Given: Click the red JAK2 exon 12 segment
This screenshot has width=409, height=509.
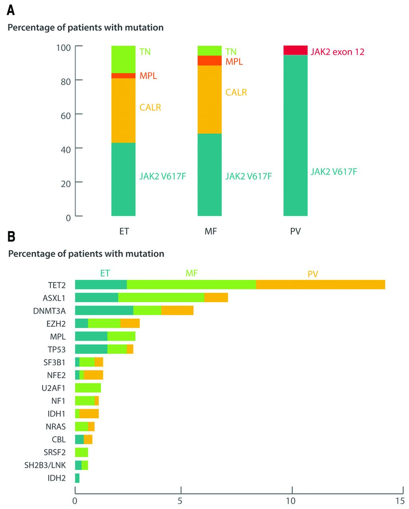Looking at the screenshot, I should point(295,50).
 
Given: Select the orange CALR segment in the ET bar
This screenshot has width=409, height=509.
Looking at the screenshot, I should point(123,110).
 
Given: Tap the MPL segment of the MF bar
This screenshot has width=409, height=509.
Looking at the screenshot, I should point(209,60).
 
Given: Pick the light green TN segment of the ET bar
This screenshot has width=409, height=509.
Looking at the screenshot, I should point(123,59).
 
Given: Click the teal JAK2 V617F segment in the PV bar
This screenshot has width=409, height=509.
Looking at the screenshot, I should point(295,135).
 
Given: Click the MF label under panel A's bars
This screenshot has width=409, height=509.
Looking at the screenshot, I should point(210,231).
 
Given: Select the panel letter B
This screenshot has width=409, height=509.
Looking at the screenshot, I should point(12,237).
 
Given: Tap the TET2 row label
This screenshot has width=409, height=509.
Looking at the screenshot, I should point(56,285).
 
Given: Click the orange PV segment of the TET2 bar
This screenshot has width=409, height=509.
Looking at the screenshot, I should point(320,285).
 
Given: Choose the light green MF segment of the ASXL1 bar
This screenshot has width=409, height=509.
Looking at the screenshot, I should point(161,297).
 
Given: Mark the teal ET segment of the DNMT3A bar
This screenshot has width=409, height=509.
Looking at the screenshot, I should point(104,311).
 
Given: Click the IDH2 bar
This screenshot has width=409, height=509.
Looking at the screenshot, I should point(77,478).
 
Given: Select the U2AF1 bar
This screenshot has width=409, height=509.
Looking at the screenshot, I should point(88,388).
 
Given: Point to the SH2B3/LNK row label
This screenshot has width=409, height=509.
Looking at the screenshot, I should point(45,465).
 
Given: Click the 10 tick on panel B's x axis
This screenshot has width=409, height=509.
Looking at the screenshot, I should point(292,490).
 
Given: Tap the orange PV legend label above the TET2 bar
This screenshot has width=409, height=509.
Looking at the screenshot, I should point(313,274).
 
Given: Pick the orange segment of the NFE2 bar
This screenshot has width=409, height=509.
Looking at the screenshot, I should point(93,375).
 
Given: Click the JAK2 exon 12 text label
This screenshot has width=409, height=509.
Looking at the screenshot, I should point(337,52).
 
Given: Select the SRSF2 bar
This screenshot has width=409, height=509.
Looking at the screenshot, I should point(81,452).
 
